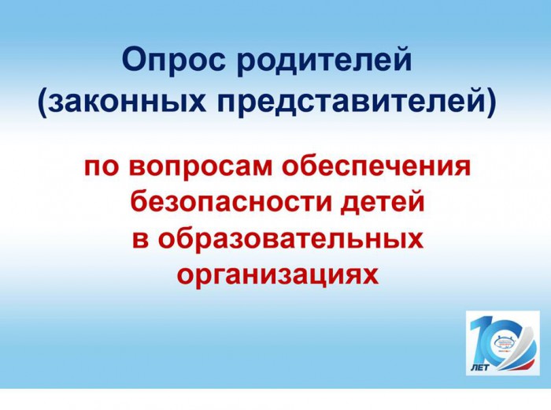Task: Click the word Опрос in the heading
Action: (x=174, y=60)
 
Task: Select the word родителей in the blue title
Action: (x=324, y=61)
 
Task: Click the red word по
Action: (x=101, y=166)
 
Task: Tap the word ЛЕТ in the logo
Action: (x=479, y=367)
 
